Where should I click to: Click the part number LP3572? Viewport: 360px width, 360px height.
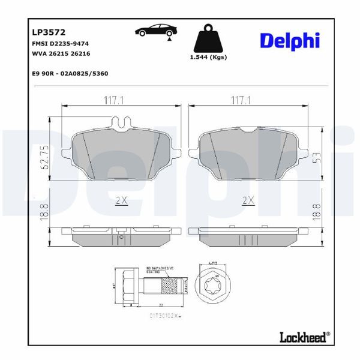(x=44, y=32)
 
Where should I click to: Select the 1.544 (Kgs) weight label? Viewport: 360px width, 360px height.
(x=208, y=58)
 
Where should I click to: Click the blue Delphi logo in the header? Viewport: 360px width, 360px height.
(x=290, y=40)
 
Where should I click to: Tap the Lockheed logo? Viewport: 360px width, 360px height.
(x=304, y=337)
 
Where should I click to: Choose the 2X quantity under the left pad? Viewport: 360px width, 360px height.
(x=122, y=200)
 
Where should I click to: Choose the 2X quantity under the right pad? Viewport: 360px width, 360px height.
(x=248, y=200)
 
